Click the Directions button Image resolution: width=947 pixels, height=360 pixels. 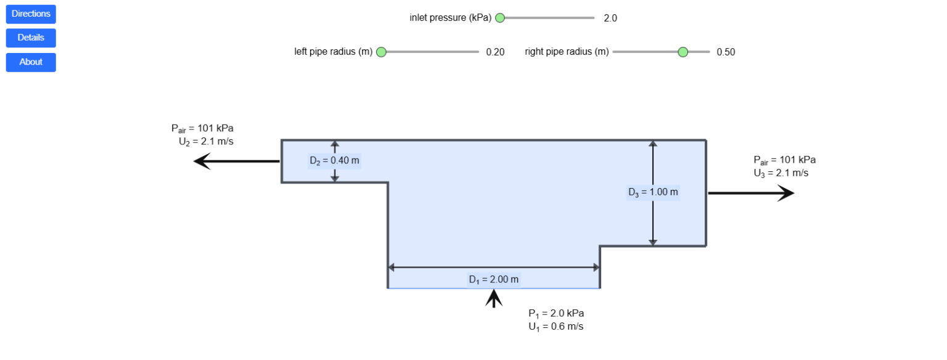(31, 14)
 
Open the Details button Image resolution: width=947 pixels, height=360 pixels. (31, 38)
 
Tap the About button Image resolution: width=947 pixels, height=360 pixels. (31, 62)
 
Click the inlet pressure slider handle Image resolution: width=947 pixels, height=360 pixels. (500, 18)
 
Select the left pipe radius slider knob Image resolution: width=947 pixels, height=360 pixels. (382, 52)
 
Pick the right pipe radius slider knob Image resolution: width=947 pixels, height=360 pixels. (683, 52)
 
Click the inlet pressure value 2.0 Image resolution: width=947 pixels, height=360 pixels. (610, 18)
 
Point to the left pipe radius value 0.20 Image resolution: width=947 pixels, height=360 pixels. (496, 52)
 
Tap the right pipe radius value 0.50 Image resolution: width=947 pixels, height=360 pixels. (726, 52)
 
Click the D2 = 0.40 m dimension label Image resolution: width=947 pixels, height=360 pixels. (334, 161)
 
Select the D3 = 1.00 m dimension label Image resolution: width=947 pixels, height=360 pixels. (653, 192)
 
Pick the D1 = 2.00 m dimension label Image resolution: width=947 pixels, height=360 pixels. (494, 280)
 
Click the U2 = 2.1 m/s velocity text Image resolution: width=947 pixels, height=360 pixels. (207, 142)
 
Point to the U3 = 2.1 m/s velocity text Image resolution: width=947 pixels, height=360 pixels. (781, 173)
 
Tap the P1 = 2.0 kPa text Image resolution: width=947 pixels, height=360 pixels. (556, 314)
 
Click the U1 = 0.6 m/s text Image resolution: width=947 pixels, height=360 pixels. (556, 327)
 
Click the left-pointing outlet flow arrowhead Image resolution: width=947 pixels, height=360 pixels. (202, 162)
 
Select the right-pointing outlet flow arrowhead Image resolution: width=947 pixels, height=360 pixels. (786, 193)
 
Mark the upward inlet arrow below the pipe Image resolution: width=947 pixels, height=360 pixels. (494, 298)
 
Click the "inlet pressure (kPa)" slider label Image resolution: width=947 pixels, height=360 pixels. (450, 18)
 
